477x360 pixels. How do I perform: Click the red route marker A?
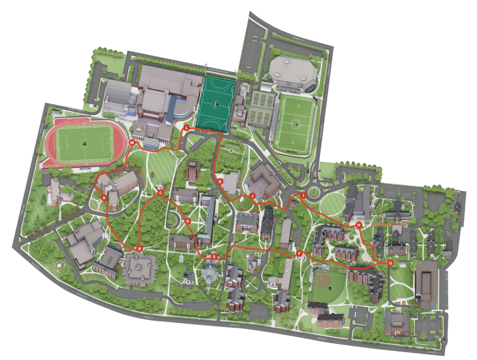(104, 198)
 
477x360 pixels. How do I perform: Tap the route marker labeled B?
(139, 249)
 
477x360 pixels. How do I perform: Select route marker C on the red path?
(160, 192)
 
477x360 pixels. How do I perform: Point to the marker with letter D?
(187, 221)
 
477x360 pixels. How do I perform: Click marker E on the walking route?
(214, 257)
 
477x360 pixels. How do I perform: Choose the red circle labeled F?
(299, 254)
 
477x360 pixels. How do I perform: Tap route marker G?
(390, 263)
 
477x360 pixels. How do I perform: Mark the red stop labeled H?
(359, 225)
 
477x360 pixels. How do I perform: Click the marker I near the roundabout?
(303, 196)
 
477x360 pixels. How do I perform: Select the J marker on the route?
(252, 196)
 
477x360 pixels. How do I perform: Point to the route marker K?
(220, 181)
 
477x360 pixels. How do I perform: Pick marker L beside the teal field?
(186, 128)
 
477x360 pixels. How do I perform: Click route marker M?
(132, 142)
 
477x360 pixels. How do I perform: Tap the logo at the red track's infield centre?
(85, 143)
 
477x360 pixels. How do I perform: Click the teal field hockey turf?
(215, 103)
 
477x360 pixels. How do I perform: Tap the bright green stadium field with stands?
(294, 123)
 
